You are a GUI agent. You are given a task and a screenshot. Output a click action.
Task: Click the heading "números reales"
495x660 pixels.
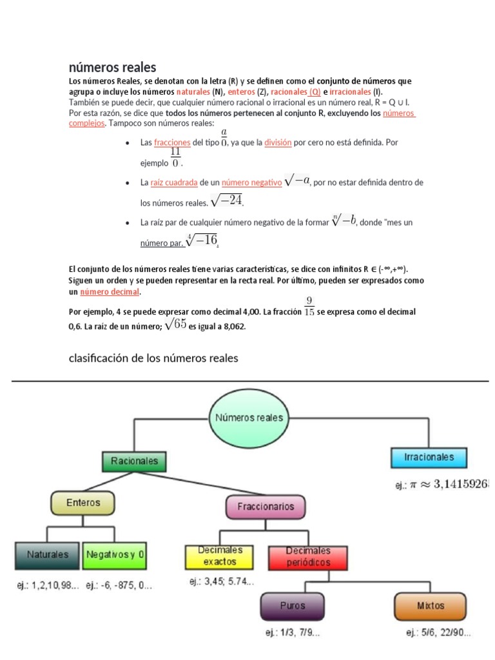point(112,67)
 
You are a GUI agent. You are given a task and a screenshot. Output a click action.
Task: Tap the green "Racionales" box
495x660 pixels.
point(134,461)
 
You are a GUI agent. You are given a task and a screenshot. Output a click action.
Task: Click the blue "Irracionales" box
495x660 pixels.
point(429,457)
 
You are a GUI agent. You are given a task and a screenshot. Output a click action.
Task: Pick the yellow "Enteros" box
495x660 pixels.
point(83,503)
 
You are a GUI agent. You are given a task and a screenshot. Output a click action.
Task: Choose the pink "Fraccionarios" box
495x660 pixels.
point(266,507)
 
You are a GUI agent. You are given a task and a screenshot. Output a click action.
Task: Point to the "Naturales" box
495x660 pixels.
point(47,554)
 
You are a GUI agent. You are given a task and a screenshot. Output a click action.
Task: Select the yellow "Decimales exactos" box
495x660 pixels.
point(220,556)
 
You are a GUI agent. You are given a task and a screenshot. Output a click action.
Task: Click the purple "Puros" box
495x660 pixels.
point(292,606)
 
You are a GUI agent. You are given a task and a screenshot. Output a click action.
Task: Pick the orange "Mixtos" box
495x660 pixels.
point(431,606)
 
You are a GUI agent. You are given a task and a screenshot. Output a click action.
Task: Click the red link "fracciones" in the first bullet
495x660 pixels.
point(172,142)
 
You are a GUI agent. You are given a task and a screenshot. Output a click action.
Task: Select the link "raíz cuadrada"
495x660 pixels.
point(174,183)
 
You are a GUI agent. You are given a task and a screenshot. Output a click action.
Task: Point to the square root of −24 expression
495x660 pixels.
point(226,201)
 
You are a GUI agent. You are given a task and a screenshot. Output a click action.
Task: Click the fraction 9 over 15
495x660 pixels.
point(309,306)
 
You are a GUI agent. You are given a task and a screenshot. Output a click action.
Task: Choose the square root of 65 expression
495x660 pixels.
point(175,325)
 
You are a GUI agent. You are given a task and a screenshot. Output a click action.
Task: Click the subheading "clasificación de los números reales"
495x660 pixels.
point(153,358)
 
